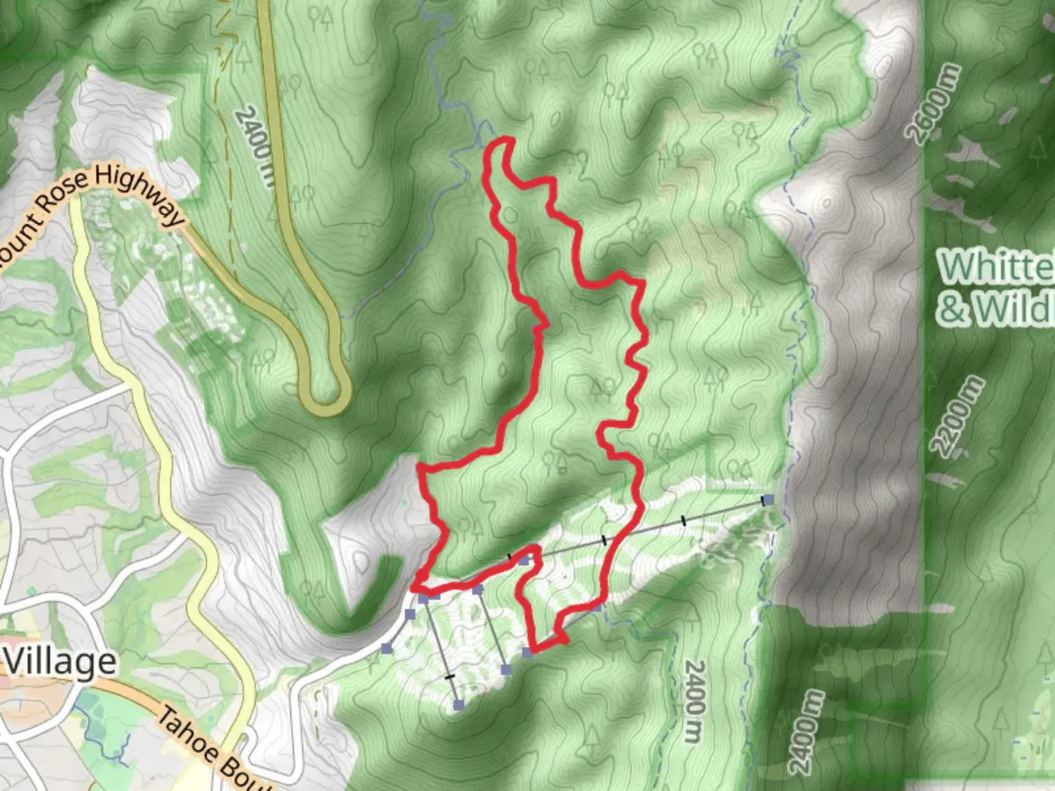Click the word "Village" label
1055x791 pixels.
(61, 661)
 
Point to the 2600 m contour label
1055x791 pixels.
(932, 103)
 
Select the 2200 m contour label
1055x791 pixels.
(958, 416)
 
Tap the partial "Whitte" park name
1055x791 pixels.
(996, 266)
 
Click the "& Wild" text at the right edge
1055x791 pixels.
(996, 309)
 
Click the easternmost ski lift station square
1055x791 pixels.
(767, 500)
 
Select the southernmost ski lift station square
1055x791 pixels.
(459, 705)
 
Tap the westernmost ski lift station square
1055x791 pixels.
(386, 648)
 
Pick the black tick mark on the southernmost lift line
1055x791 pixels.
(450, 677)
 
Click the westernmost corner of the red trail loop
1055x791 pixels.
(415, 587)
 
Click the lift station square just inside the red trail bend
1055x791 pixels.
(523, 560)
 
